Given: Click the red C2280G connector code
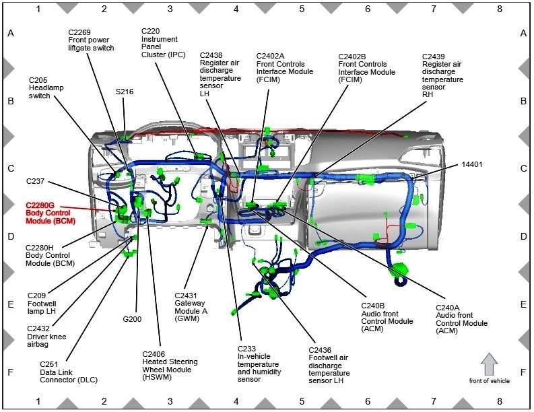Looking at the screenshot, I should tap(40, 205).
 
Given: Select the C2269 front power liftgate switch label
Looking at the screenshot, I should tap(91, 40).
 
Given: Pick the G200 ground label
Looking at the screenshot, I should tap(132, 318).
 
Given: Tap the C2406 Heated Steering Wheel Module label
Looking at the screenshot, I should tap(170, 366).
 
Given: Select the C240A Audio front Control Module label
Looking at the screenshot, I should tap(461, 320).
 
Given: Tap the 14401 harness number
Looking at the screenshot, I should tap(472, 164).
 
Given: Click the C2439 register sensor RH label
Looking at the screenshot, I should tap(442, 75).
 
